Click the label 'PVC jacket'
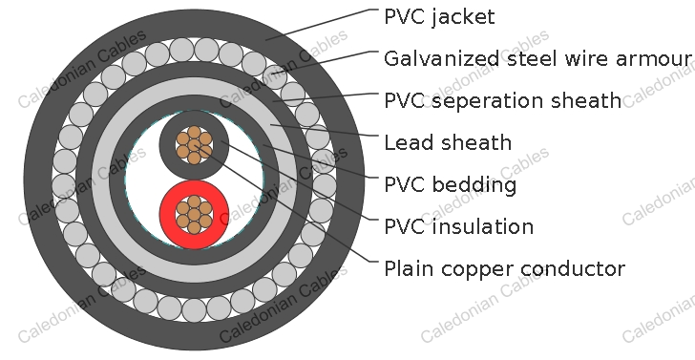point(440,16)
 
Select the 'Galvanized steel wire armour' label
point(537,59)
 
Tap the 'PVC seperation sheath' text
point(502,100)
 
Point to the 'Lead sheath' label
point(447,143)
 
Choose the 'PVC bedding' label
point(450,184)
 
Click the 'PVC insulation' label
point(458,226)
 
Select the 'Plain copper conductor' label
point(504,269)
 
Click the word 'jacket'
point(464,17)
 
